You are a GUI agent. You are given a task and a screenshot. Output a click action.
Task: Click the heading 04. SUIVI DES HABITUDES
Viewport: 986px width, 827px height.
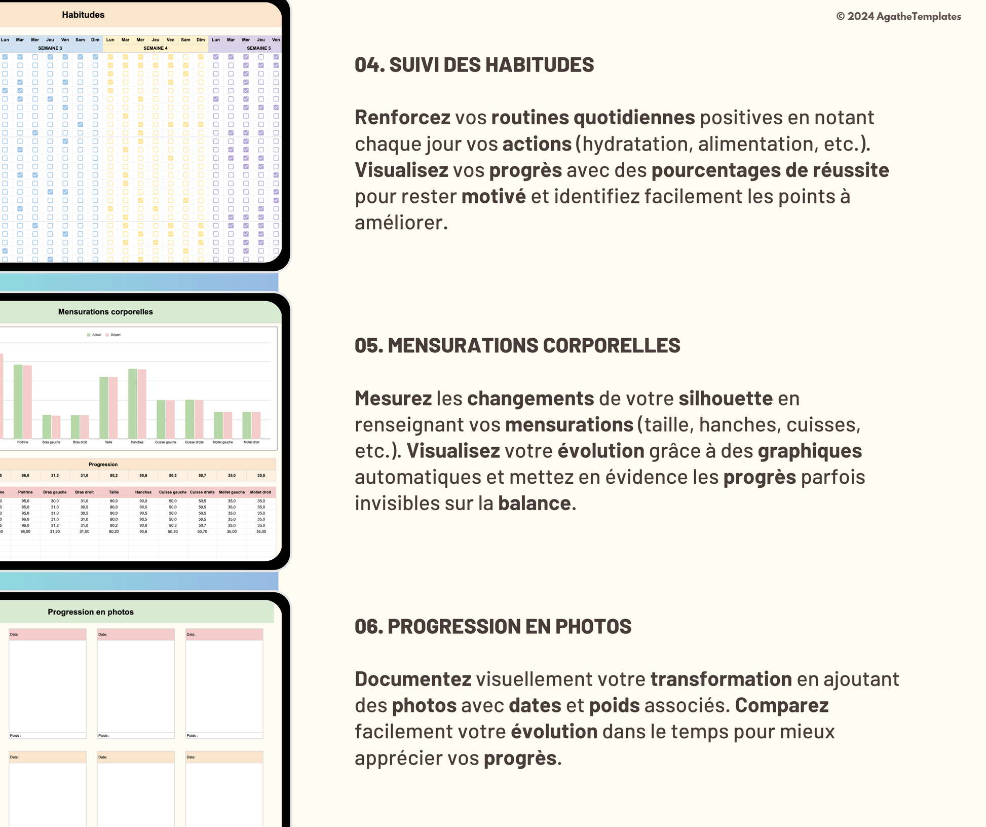474,65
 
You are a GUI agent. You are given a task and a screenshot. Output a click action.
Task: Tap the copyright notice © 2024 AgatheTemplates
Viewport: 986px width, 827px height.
898,16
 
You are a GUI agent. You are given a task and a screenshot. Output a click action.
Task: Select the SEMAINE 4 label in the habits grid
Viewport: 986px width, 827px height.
155,48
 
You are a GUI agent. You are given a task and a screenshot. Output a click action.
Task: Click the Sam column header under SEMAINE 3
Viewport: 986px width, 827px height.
80,40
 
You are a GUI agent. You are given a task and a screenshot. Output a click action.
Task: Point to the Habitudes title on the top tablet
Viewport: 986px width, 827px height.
83,15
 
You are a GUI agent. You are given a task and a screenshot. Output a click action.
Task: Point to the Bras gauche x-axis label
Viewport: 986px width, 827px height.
51,442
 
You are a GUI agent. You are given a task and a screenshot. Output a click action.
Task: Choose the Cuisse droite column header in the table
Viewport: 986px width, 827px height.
202,492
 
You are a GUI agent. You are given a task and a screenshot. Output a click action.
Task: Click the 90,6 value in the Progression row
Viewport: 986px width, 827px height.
143,476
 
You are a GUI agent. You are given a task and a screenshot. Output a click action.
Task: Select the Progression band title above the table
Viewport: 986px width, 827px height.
103,464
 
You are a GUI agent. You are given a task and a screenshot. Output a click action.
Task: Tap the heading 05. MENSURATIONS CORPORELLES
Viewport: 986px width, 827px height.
517,346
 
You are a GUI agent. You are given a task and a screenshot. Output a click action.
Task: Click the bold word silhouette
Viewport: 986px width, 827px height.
726,399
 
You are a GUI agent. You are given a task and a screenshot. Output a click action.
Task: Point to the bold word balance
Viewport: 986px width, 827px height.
535,504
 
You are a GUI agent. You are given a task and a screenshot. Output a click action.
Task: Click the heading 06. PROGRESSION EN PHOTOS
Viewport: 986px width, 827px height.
492,627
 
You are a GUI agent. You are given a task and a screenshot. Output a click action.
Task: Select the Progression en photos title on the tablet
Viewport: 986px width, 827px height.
91,612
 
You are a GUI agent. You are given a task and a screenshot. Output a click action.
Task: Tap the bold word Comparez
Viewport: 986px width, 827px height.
781,705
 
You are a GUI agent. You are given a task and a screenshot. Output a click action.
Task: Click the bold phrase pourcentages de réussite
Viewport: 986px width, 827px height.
770,170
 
